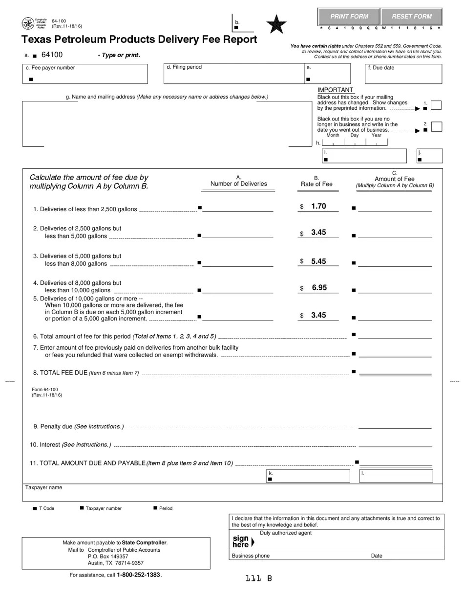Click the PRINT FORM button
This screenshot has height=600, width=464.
[349, 17]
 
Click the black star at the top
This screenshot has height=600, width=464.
[276, 24]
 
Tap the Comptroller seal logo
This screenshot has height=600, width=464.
[28, 23]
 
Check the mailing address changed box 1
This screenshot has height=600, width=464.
[437, 105]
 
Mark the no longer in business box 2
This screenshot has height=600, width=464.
[437, 127]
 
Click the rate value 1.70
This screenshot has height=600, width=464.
[318, 206]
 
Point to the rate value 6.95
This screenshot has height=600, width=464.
[319, 288]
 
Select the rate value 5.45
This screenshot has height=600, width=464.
[318, 261]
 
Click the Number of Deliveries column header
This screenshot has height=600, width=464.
[238, 184]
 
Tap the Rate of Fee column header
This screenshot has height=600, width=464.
[316, 184]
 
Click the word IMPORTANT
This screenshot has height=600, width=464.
[335, 90]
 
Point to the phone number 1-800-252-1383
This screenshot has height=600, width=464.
[138, 575]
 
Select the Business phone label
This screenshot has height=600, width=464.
[251, 556]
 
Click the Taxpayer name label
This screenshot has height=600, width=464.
[43, 487]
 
